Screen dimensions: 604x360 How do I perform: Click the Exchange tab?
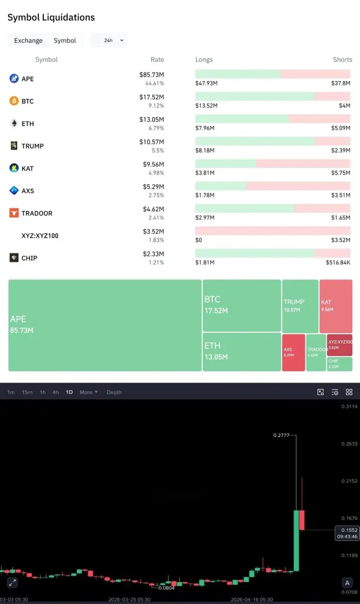coord(28,40)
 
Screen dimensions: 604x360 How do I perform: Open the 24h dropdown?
coord(109,40)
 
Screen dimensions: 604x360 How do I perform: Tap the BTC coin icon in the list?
coord(14,101)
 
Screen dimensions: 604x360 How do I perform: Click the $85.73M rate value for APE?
coord(152,74)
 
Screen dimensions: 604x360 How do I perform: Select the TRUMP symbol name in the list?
coord(32,146)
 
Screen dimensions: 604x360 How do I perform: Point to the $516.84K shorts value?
coord(338,263)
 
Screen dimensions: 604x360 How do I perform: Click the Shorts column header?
coord(342,59)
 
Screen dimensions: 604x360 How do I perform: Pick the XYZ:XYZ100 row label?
coord(40,235)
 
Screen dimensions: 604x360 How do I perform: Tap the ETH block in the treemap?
coord(242,351)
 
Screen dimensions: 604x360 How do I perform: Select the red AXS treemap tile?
coord(294,352)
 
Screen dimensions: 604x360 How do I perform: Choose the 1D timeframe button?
coord(69,392)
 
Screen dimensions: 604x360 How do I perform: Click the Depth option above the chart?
coord(114,392)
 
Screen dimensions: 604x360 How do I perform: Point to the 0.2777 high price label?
coord(281,435)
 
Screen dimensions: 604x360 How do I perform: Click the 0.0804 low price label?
coord(166,587)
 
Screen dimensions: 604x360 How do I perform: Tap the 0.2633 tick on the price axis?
coord(349,444)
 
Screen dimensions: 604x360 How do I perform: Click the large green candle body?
coord(297,541)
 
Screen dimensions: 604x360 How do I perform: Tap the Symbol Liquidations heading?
coord(51,18)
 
